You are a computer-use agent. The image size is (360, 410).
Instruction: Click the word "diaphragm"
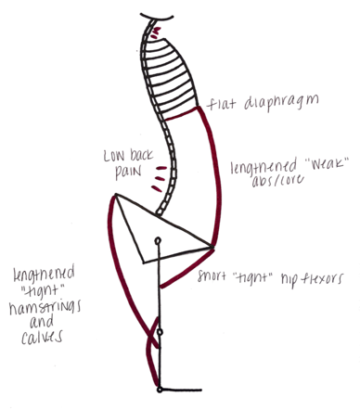point(281,103)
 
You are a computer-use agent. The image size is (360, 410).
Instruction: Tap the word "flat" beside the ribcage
point(221,104)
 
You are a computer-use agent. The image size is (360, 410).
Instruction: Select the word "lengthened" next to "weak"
point(264,167)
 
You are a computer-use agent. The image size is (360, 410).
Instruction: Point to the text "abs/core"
point(277,181)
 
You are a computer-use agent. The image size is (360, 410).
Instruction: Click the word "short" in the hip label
point(212,275)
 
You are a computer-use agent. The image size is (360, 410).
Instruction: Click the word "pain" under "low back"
point(128,172)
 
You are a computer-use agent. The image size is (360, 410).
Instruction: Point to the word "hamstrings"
point(45,307)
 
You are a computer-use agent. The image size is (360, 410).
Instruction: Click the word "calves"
point(42,337)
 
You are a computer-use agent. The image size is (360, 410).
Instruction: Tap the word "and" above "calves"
point(42,322)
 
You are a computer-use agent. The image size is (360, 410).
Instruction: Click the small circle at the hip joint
point(159,240)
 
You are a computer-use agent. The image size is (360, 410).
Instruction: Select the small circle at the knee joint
point(160,332)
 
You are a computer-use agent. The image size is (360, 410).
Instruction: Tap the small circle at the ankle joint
point(160,390)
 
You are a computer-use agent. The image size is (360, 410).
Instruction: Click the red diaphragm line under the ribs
point(181,113)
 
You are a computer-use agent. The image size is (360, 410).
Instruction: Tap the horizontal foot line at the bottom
point(182,390)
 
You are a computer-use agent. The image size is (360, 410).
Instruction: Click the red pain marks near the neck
point(155,33)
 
